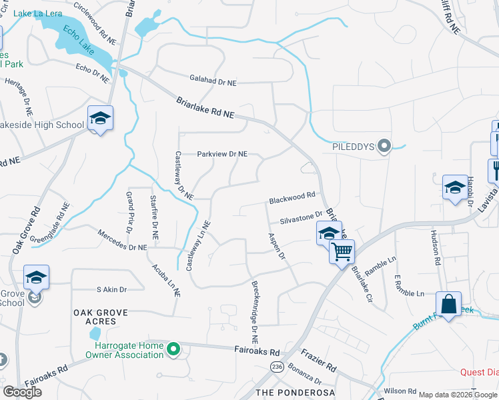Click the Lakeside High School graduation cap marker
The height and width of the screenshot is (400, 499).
[100, 119]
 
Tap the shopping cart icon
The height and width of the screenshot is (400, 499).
[342, 252]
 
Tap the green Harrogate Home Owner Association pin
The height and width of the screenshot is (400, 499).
[173, 349]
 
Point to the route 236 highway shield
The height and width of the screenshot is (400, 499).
[278, 367]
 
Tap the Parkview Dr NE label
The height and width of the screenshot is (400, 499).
[222, 154]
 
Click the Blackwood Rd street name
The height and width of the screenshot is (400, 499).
[292, 199]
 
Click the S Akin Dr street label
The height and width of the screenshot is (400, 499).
[111, 289]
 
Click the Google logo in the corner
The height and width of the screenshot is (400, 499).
[23, 391]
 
